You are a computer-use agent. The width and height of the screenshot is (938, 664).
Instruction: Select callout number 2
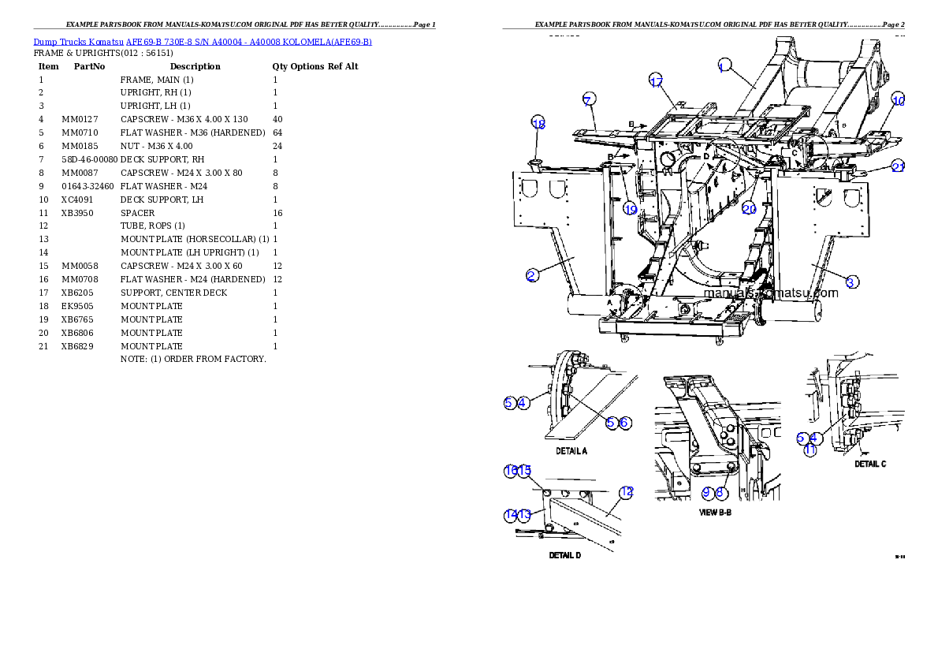click(x=533, y=275)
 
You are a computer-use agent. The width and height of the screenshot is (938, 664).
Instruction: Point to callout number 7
click(x=589, y=99)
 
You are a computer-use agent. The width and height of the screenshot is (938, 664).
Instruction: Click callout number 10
click(x=898, y=100)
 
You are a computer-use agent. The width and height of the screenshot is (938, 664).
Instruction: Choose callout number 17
click(x=656, y=80)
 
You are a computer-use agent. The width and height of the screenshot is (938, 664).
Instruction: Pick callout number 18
click(x=538, y=124)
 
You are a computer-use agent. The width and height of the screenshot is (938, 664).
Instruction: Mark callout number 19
click(x=630, y=209)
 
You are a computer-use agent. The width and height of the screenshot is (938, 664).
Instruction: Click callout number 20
click(x=749, y=209)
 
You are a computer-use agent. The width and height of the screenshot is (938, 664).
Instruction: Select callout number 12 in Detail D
click(x=626, y=493)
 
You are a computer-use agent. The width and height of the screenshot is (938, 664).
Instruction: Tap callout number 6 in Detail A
click(x=623, y=423)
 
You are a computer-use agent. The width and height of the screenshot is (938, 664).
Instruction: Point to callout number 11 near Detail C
click(x=810, y=450)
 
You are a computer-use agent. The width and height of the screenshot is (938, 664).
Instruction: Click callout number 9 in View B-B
click(x=707, y=493)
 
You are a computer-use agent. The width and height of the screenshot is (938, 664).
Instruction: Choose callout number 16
click(x=511, y=471)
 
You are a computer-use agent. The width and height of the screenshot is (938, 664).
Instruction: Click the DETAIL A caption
click(x=571, y=451)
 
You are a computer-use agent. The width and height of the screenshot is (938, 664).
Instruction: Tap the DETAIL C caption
click(x=870, y=464)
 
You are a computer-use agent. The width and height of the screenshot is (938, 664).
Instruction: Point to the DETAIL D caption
click(x=564, y=555)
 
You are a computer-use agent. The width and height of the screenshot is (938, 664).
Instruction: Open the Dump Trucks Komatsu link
click(x=203, y=42)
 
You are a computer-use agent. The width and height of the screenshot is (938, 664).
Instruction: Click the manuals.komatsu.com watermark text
click(x=771, y=292)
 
